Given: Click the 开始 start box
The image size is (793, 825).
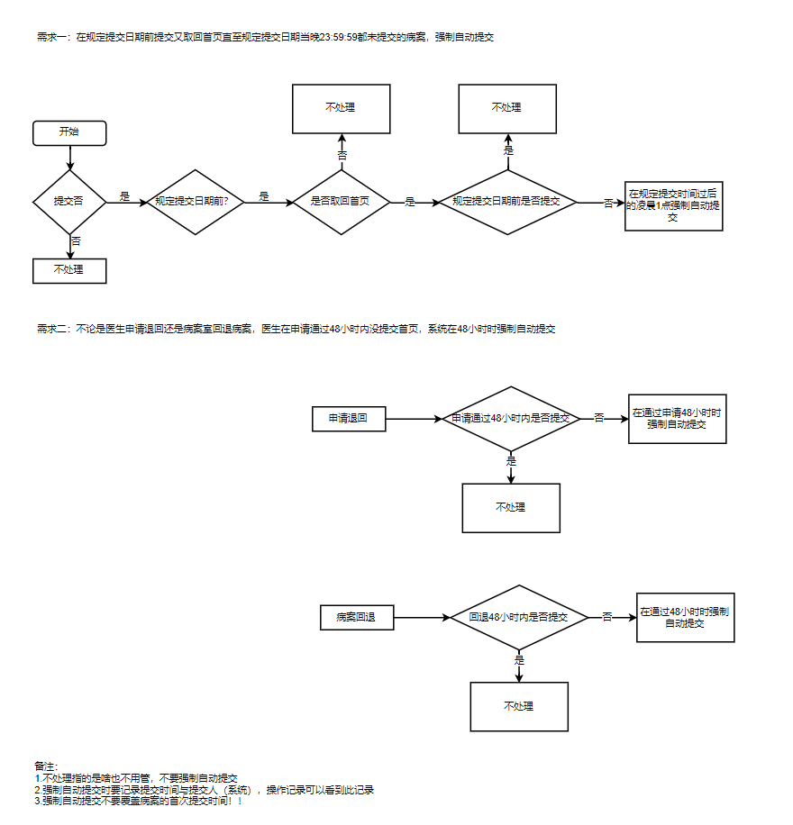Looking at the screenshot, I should [x=69, y=132].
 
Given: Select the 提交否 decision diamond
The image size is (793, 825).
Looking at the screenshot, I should [x=69, y=202].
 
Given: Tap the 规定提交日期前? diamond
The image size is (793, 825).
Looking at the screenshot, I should [x=197, y=202].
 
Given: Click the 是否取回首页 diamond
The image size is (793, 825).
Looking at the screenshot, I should [x=341, y=202].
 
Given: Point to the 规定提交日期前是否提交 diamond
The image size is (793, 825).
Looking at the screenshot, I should [x=506, y=202].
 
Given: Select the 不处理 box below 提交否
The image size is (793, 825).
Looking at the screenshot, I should [x=69, y=270].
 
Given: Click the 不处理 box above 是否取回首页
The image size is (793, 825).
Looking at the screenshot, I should [x=341, y=108].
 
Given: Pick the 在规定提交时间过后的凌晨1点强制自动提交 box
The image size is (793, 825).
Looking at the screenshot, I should [x=673, y=205].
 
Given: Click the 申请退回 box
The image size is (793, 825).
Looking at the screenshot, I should [x=348, y=419].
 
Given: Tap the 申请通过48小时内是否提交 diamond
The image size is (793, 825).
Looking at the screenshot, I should [x=511, y=419].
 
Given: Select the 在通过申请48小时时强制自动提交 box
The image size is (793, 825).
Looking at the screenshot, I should [x=677, y=419].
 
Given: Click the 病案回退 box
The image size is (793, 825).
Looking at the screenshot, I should [x=357, y=618].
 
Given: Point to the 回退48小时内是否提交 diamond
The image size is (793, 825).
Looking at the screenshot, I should [x=519, y=618].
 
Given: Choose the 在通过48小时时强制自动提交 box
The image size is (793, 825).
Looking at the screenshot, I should [x=685, y=617].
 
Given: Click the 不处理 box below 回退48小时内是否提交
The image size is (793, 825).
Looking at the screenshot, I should [x=519, y=706].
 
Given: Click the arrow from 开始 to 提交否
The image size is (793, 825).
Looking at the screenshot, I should [x=69, y=158].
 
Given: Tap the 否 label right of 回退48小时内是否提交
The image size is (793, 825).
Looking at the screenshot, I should [x=607, y=617].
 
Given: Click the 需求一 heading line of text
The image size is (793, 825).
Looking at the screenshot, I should [x=265, y=37].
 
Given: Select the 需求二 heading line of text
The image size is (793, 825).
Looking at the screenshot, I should [x=296, y=329].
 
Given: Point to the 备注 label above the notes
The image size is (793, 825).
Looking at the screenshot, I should [x=46, y=766].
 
